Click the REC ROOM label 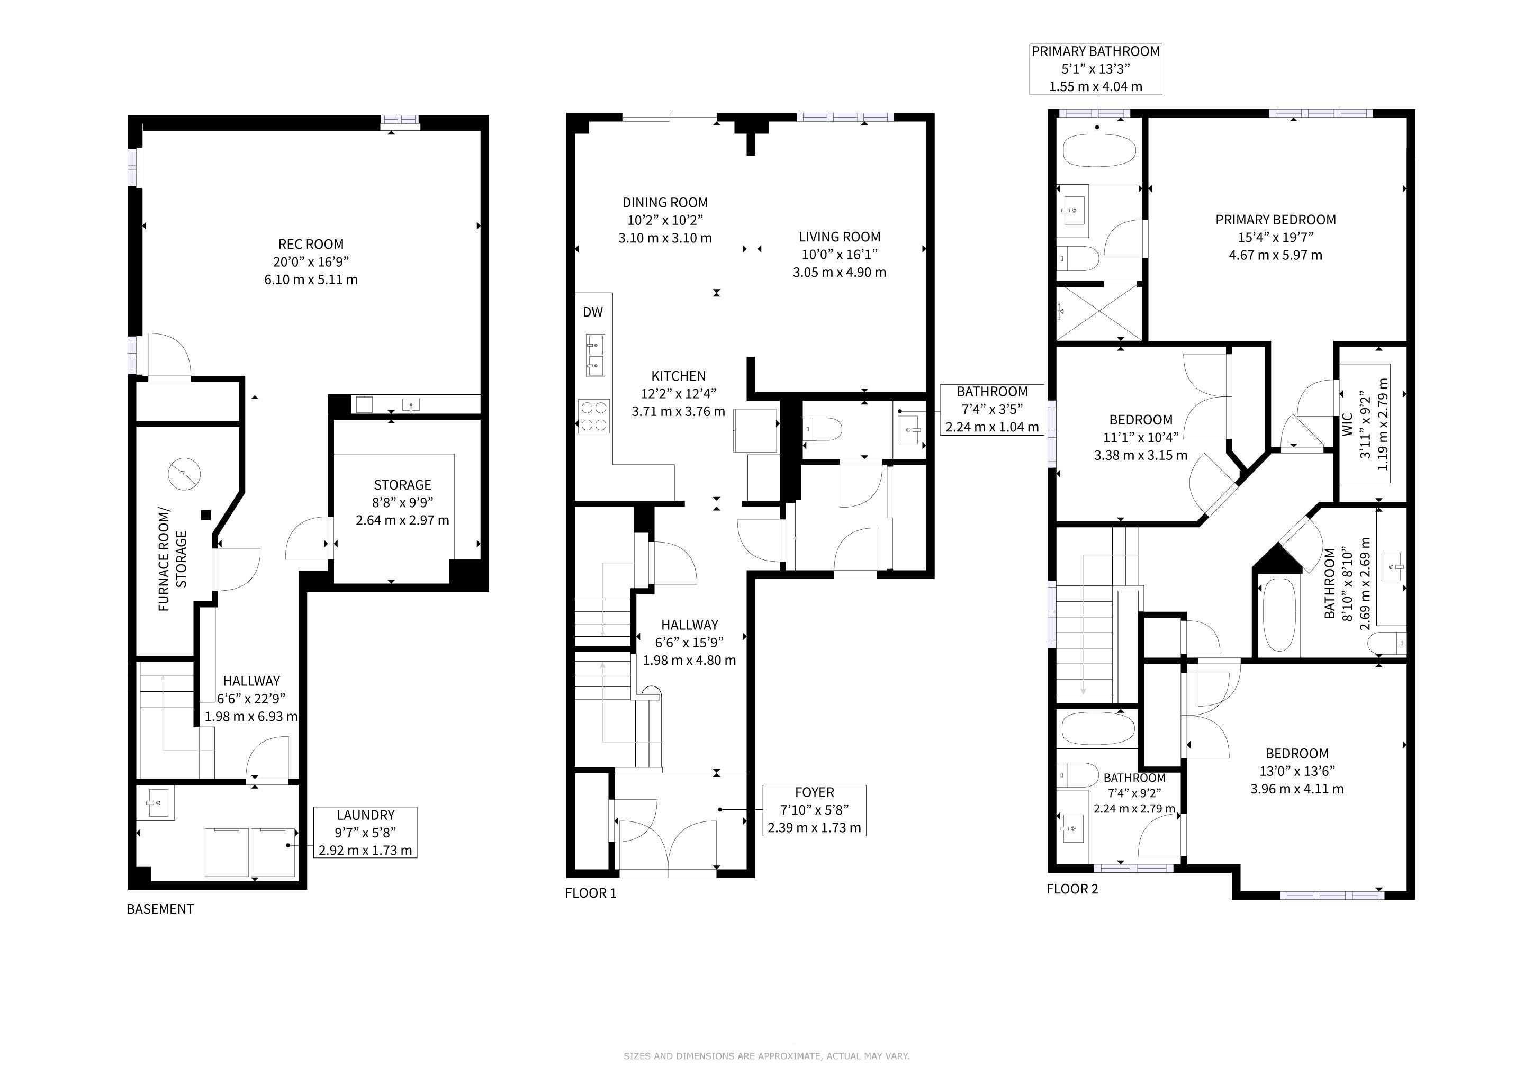[x=311, y=245]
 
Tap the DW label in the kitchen [x=593, y=312]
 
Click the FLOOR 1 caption [x=591, y=893]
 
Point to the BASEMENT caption [x=160, y=909]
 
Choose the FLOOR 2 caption [x=1072, y=889]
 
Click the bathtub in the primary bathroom [x=1098, y=151]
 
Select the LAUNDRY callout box [x=365, y=833]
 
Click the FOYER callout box [x=815, y=810]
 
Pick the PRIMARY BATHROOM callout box [x=1096, y=69]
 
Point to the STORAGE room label [x=403, y=485]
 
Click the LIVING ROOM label [x=839, y=237]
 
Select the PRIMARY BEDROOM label [x=1275, y=220]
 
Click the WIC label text [x=1347, y=424]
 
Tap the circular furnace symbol [x=184, y=474]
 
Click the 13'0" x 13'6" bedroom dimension [x=1296, y=771]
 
